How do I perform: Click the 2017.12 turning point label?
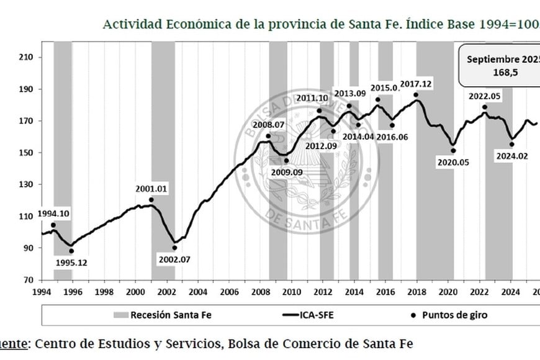pos(416,84)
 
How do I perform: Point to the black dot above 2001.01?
pos(151,200)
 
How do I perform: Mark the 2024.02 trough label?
pos(511,156)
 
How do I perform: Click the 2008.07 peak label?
pos(268,124)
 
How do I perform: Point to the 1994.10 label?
pos(54,214)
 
